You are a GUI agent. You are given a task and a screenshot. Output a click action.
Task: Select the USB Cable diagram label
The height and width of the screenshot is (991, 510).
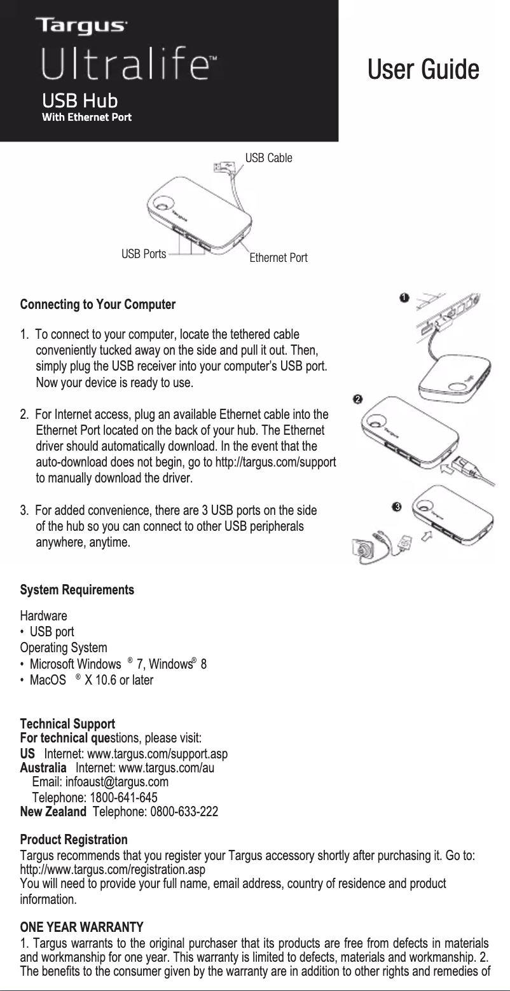pos(269,158)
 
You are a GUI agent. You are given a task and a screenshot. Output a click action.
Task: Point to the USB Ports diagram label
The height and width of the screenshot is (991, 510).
pos(143,254)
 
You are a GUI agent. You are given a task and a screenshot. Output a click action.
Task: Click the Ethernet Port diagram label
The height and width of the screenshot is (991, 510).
pos(278,258)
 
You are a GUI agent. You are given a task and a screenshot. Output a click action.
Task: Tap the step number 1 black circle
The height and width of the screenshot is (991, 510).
pos(403,297)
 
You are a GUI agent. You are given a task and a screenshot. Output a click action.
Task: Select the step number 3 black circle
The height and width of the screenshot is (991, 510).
pos(396,507)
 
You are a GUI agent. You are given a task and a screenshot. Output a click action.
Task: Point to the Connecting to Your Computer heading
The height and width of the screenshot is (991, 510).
pos(98,304)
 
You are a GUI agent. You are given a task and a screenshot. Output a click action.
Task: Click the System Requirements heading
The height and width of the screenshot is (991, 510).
pos(77,590)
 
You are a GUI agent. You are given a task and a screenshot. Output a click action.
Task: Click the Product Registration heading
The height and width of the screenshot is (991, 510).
pos(74,840)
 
